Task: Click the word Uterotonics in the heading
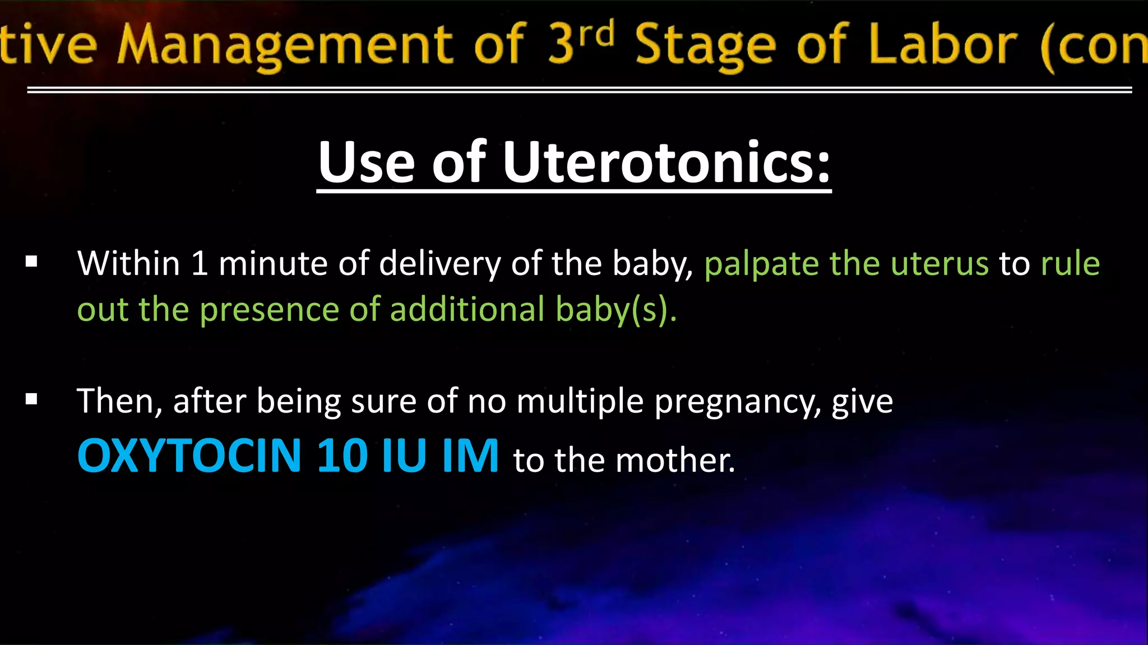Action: (x=666, y=162)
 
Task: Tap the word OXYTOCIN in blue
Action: (x=189, y=456)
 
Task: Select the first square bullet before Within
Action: (x=31, y=261)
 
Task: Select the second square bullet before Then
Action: (x=31, y=399)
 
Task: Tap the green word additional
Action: (x=467, y=310)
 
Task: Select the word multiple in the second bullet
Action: (x=580, y=402)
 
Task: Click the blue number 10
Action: (x=342, y=456)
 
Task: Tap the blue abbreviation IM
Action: (x=470, y=456)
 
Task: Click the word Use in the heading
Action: (x=366, y=162)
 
